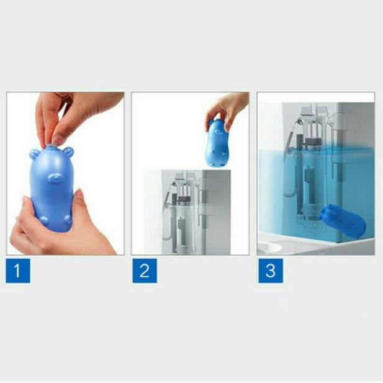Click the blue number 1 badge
(18, 271)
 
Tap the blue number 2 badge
(145, 271)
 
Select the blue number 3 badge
(271, 271)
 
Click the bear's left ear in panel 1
(34, 155)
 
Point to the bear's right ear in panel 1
(68, 152)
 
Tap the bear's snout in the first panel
(55, 178)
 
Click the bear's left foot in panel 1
(43, 220)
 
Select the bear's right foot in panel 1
(67, 218)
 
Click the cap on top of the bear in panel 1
(51, 146)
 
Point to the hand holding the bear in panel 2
(227, 109)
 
